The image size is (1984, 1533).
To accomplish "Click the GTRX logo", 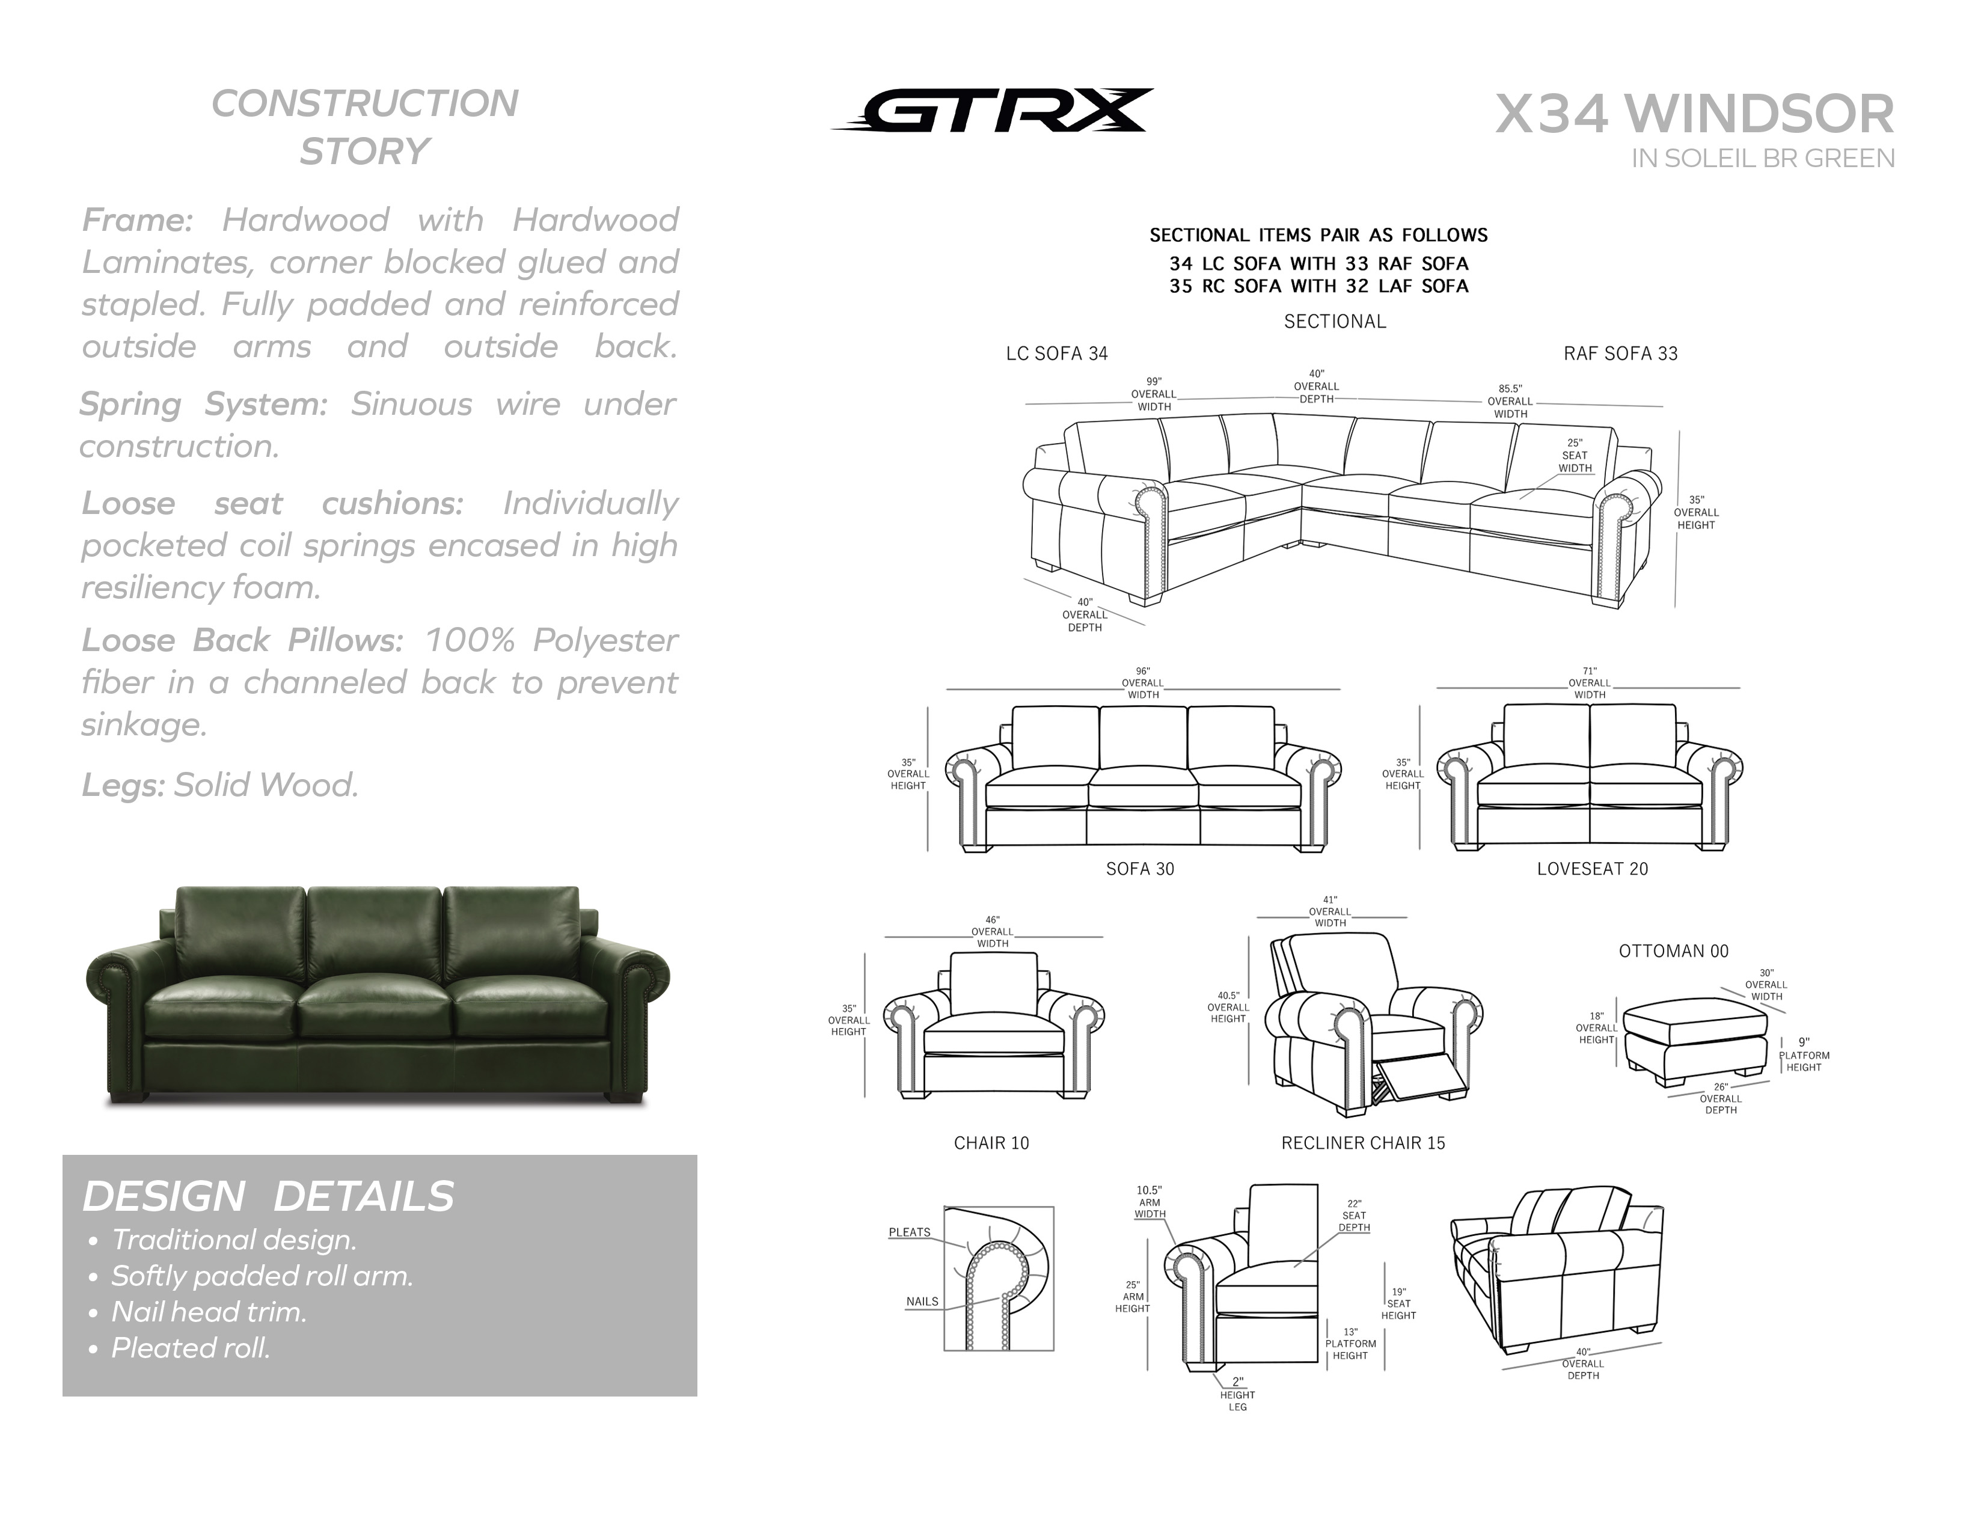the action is click(992, 111).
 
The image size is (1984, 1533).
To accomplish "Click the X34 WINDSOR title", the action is click(1695, 114).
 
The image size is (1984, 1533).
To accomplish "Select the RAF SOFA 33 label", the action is click(1621, 353).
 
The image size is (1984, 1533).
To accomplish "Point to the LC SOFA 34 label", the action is click(1056, 353).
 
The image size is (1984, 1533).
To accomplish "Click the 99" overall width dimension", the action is click(1154, 394).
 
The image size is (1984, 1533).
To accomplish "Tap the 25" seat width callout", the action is click(1575, 456).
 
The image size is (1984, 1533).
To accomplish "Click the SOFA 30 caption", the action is click(1140, 869).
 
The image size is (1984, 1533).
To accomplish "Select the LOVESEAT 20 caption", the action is click(1593, 869).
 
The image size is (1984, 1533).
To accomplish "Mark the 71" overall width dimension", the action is click(1590, 683).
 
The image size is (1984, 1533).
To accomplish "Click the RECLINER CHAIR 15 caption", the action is click(1362, 1143).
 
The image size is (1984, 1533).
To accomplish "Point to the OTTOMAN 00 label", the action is click(1673, 951).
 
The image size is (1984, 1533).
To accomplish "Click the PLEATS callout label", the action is click(909, 1232).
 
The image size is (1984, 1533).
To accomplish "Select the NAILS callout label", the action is click(922, 1302).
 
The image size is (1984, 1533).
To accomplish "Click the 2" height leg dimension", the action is click(1237, 1394).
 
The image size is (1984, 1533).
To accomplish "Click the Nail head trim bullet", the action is click(209, 1311).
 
